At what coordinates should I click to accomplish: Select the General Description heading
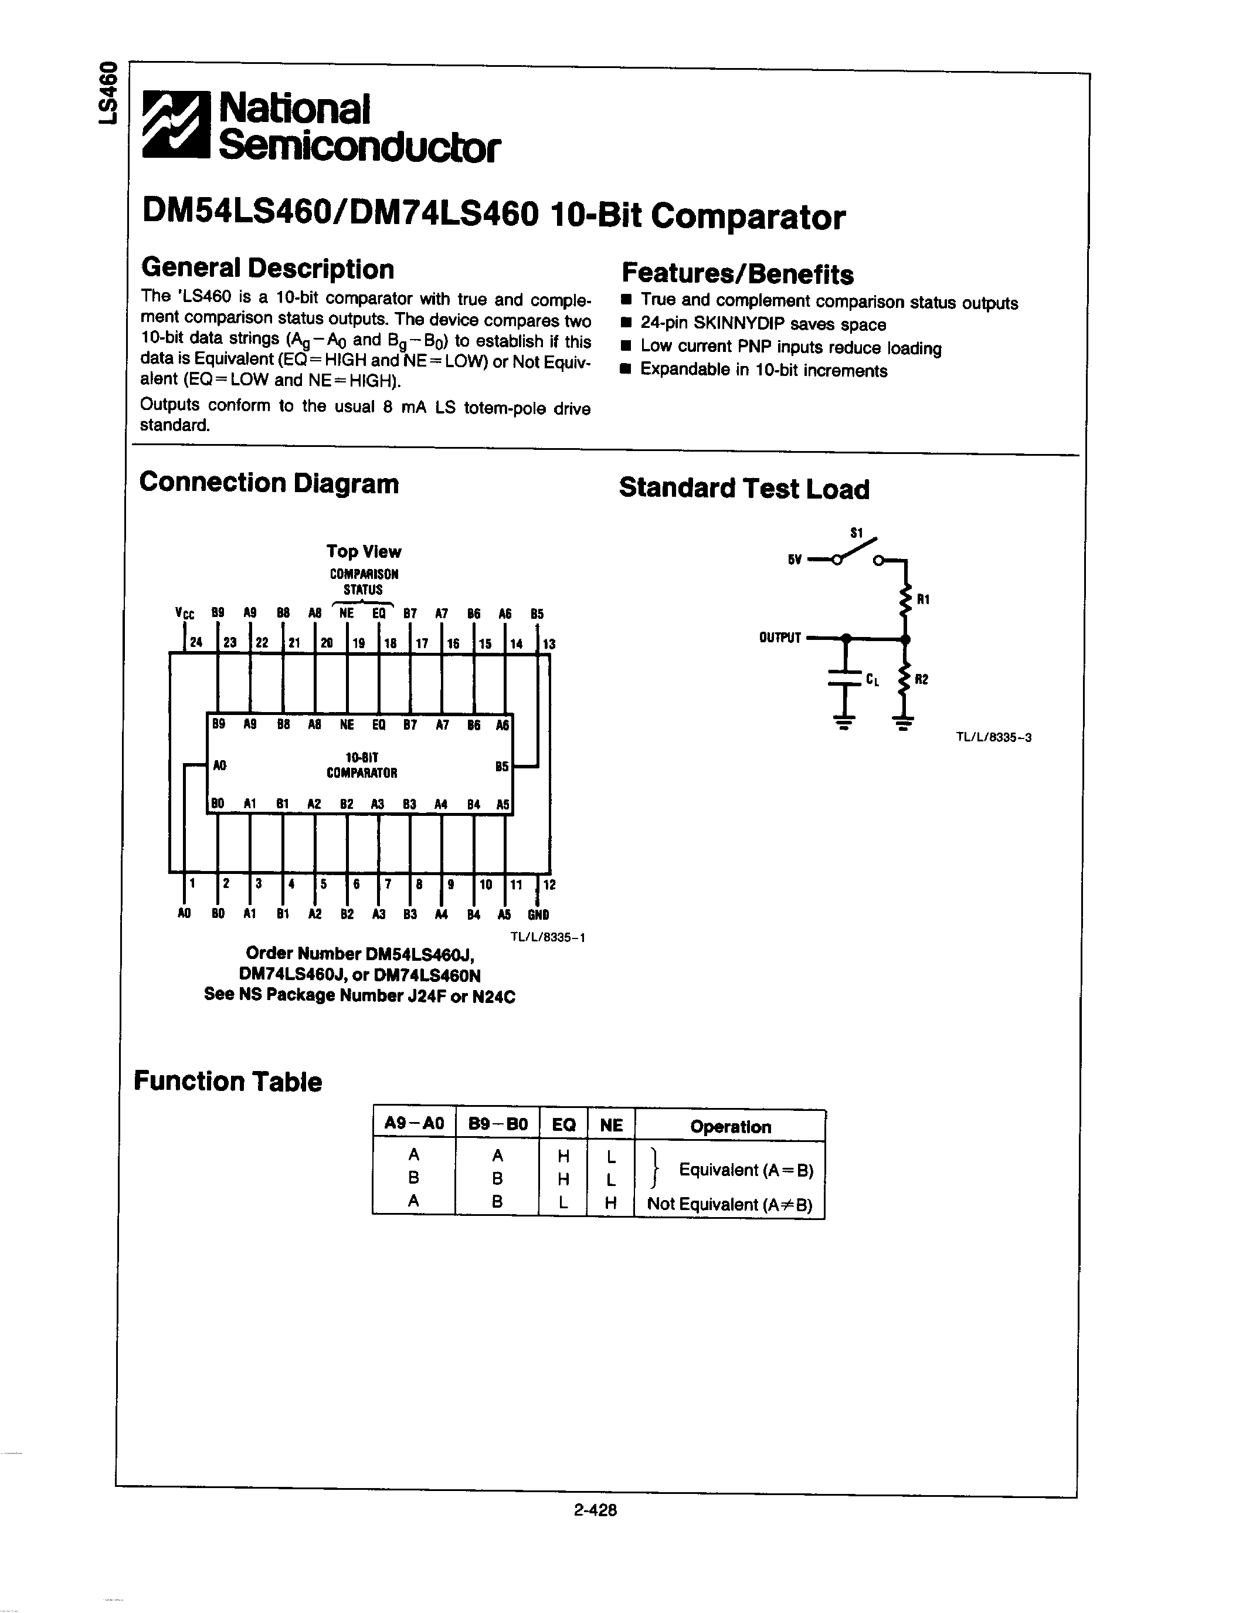tap(267, 269)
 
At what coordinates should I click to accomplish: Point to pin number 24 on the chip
tap(196, 642)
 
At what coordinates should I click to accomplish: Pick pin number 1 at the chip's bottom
tap(192, 883)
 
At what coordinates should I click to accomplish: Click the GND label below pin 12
tap(538, 914)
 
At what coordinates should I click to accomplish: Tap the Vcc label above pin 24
tap(185, 613)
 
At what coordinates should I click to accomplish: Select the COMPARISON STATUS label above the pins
tap(363, 581)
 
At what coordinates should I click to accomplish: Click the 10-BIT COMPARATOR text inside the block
tap(362, 765)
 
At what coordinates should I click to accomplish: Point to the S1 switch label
tap(856, 533)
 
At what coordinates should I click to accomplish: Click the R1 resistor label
tap(923, 599)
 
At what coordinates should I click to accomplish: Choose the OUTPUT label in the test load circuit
tap(779, 638)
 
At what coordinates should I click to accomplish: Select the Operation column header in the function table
tap(730, 1127)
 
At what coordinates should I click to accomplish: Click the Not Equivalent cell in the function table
tap(729, 1205)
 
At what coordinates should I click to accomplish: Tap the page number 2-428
tap(595, 1510)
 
